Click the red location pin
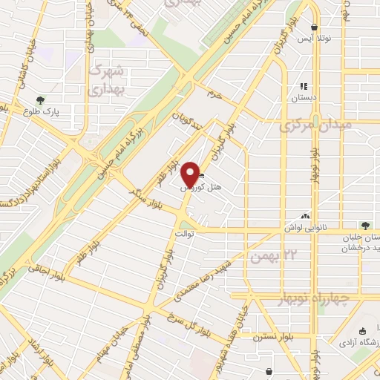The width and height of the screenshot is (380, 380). [190, 173]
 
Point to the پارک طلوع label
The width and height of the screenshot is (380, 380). [61, 111]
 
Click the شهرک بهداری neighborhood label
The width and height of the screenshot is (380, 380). [107, 80]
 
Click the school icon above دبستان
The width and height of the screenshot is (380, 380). [304, 85]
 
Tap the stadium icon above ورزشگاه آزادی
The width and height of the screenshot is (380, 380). [362, 331]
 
